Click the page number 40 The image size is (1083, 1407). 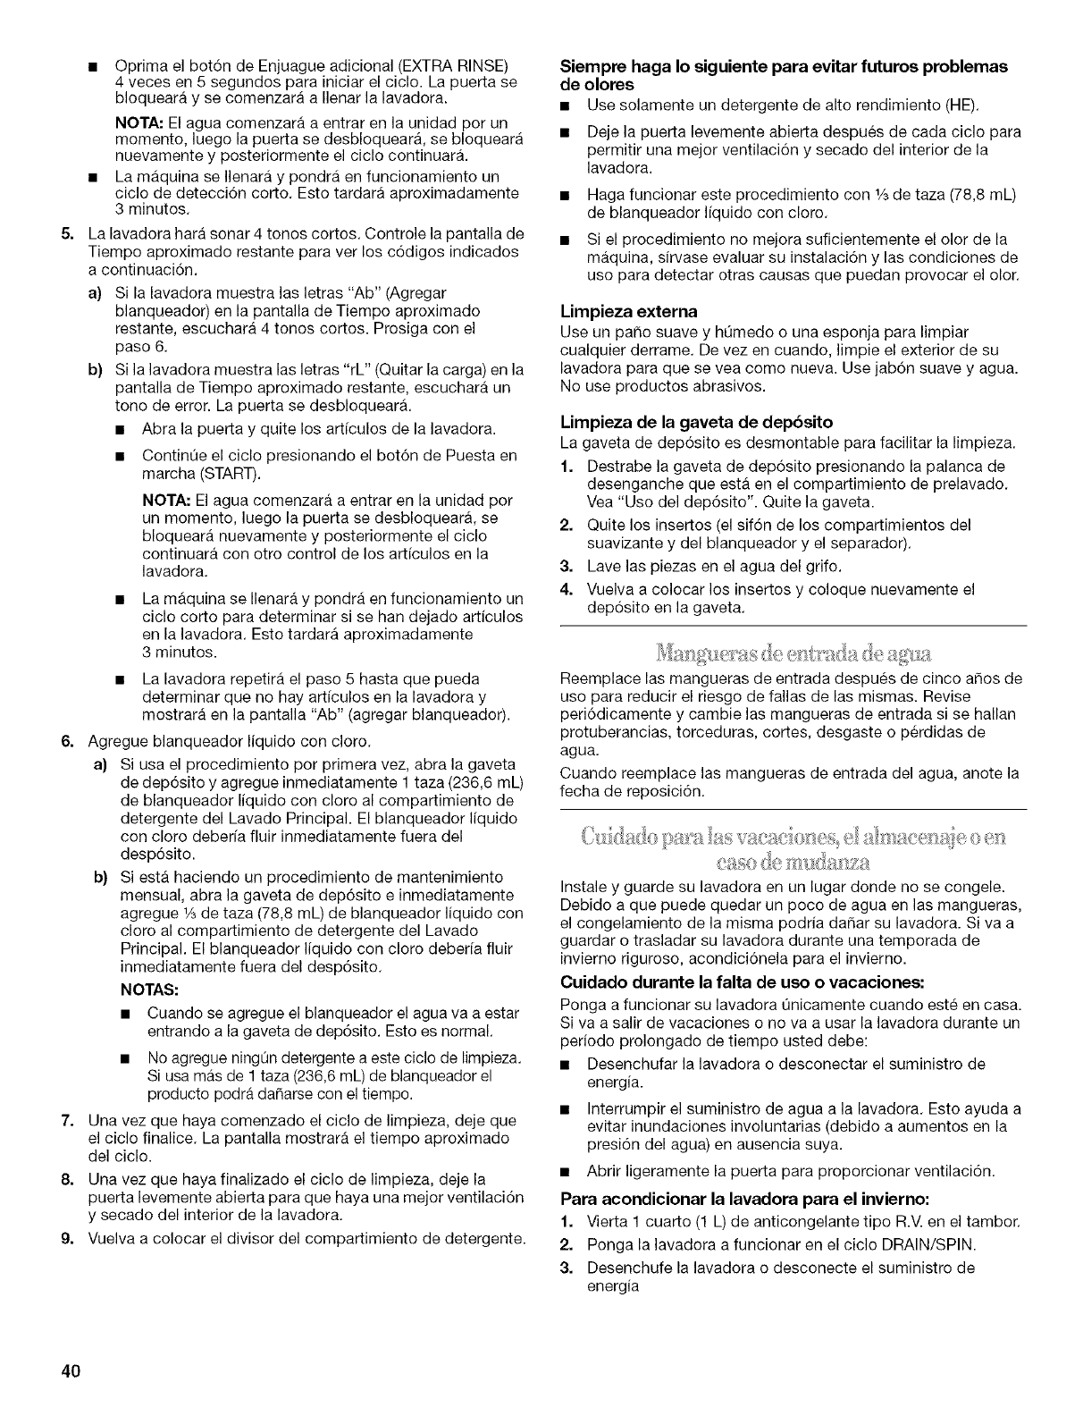point(73,1372)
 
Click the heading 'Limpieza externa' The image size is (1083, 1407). point(628,312)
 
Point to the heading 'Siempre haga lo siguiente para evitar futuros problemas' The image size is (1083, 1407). point(783,67)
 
